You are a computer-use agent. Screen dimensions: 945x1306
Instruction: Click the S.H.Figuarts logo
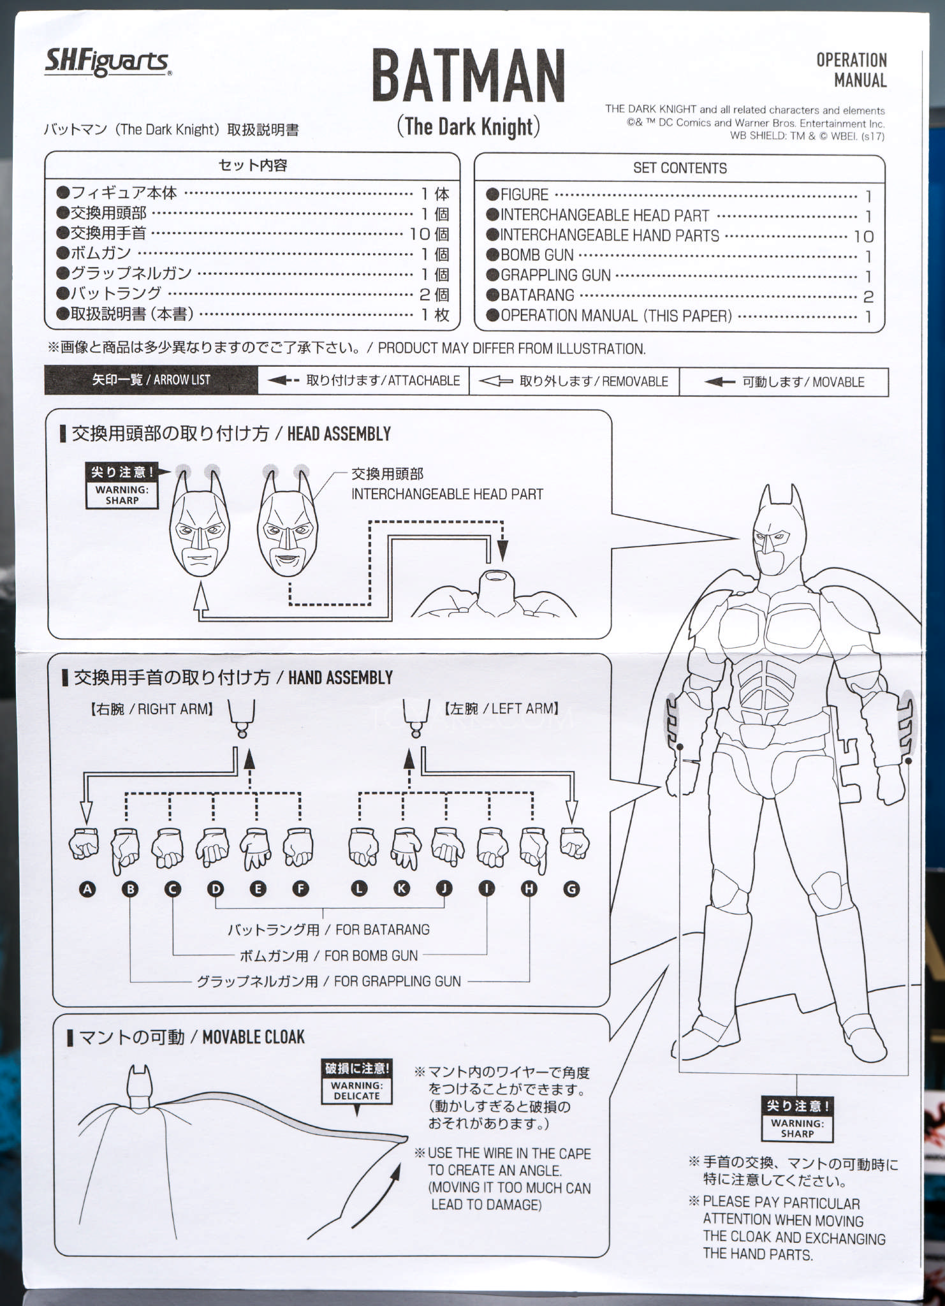108,62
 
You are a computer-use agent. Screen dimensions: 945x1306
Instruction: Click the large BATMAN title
469,76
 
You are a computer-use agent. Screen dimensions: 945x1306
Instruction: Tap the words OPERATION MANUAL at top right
852,70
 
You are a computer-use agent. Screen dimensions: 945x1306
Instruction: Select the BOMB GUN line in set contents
679,255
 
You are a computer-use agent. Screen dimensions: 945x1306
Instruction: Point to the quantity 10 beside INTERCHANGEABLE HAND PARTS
864,237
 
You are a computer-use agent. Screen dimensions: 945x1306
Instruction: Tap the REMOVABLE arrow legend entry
574,381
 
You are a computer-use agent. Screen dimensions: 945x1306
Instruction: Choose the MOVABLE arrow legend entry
784,382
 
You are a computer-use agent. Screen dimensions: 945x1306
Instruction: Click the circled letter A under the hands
87,889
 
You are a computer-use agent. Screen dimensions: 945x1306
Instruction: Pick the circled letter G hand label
571,889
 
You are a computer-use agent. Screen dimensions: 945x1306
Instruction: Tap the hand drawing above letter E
256,848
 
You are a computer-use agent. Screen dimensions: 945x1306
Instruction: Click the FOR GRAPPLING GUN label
397,981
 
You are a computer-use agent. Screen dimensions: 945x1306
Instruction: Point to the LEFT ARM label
502,708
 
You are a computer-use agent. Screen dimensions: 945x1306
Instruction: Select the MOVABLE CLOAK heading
253,1038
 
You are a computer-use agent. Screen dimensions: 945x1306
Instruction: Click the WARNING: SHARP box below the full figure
798,1119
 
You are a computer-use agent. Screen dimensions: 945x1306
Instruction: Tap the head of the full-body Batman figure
777,532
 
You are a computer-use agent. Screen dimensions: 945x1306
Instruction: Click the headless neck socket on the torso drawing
495,577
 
